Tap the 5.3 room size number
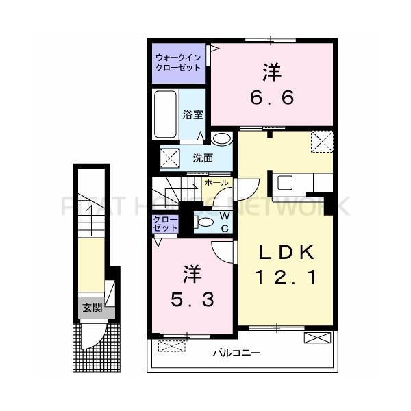click(191, 298)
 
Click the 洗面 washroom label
click(203, 158)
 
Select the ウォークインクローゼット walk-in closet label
click(178, 63)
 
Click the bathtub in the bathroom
click(165, 114)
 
